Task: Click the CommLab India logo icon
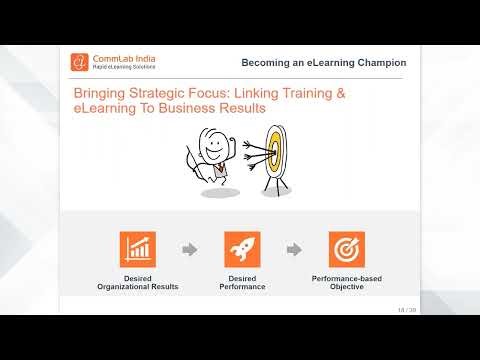click(79, 63)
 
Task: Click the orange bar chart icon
click(137, 249)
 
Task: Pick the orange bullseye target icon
click(346, 249)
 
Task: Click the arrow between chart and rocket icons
click(189, 250)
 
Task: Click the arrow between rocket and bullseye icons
click(294, 250)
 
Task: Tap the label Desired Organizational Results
click(137, 282)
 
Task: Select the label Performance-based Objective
click(346, 282)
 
